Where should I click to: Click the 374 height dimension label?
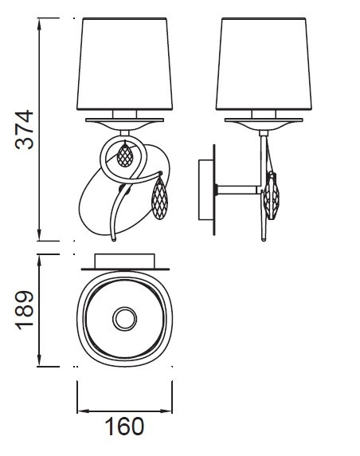point(25,130)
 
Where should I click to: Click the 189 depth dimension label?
point(25,310)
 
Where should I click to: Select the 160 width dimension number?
point(124,427)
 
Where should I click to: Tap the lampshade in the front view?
point(125,64)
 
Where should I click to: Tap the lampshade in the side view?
point(264,64)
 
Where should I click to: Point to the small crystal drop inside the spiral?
point(125,155)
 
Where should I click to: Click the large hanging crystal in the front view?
point(160,198)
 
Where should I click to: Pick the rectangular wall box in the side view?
point(206,190)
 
